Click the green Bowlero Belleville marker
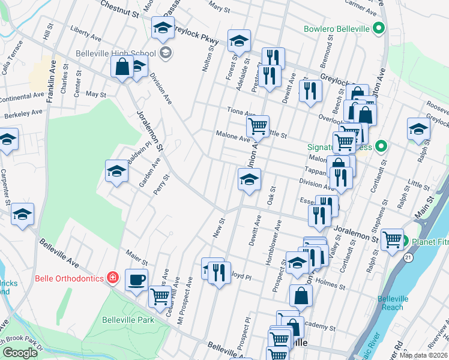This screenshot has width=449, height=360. [x=378, y=28]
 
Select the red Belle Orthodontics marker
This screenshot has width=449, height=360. [x=112, y=277]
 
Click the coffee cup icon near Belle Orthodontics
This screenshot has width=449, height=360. [x=136, y=279]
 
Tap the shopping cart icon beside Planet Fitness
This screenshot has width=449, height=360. [x=392, y=239]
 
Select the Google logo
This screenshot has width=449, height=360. [x=20, y=353]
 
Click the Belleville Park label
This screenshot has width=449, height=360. [x=127, y=319]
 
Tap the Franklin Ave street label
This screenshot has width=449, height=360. [x=51, y=85]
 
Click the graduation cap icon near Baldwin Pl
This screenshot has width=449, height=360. [x=116, y=171]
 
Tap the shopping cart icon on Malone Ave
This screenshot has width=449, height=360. [x=258, y=126]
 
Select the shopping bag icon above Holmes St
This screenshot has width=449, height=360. [x=301, y=295]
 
